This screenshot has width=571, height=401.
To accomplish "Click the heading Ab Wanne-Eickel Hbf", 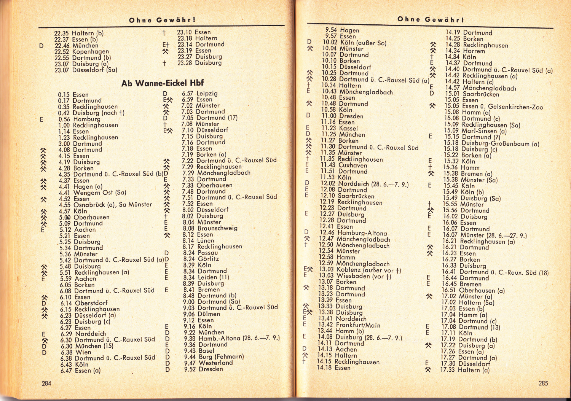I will pos(162,83).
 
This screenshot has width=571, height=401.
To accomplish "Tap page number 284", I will pos(46,383).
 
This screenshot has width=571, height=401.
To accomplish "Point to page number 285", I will pos(543,383).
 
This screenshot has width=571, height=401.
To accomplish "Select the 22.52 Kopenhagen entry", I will pos(81,52).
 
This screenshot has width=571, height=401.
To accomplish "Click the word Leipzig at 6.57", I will pos(207,93).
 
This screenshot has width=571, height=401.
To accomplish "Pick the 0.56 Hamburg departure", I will pos(79,119).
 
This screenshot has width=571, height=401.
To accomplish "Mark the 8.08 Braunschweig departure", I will pos(210,228).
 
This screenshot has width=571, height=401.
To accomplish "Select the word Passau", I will pos(208,253).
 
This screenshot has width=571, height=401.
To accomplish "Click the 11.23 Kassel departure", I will pos(339,128).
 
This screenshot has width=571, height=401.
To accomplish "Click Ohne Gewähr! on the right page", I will pos(431,19).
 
